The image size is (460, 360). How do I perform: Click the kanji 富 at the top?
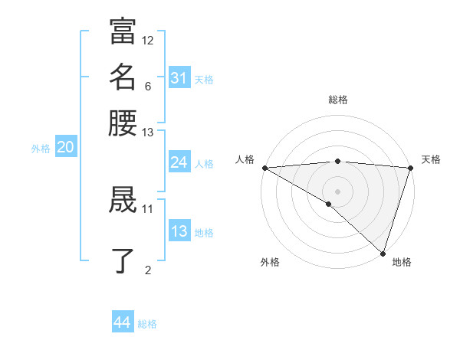tap(123, 31)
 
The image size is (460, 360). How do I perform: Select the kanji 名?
tap(123, 77)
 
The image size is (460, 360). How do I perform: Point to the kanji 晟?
tap(123, 200)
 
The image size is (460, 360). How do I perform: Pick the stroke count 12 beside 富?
tap(148, 40)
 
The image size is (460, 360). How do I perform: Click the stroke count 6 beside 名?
tap(147, 86)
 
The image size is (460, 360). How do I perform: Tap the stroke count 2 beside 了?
tap(148, 269)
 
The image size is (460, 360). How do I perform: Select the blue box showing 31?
tap(179, 78)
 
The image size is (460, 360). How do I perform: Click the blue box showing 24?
tap(179, 162)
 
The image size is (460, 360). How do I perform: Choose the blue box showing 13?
tap(179, 231)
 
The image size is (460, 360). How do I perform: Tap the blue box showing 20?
tap(65, 148)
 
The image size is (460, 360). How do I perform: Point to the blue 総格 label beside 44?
tap(147, 324)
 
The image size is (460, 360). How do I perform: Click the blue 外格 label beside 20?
tap(41, 149)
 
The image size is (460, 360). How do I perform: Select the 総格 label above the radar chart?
tap(338, 100)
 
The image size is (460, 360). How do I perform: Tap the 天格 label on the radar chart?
tap(431, 159)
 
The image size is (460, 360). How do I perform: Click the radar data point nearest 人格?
tap(264, 168)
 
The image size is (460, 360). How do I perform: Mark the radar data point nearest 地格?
tap(383, 253)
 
